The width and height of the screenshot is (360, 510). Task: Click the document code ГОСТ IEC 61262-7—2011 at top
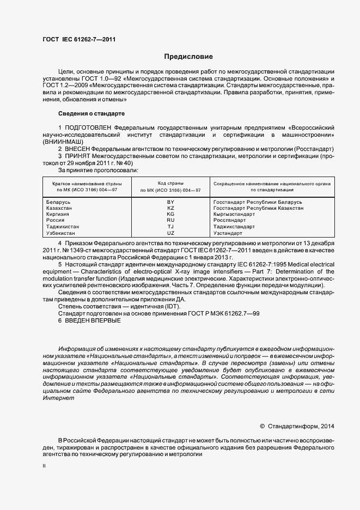pyautogui.click(x=78, y=39)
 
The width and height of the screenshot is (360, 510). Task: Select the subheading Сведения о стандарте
pyautogui.click(x=91, y=113)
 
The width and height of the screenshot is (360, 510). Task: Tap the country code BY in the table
pyautogui.click(x=170, y=202)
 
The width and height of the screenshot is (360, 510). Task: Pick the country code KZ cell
pyautogui.click(x=170, y=208)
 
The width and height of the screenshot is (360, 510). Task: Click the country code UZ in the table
pyautogui.click(x=170, y=233)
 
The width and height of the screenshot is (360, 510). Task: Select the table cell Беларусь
pyautogui.click(x=60, y=202)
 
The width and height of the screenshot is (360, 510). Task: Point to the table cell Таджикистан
pyautogui.click(x=64, y=227)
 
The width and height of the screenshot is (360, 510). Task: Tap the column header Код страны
pyautogui.click(x=170, y=184)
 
